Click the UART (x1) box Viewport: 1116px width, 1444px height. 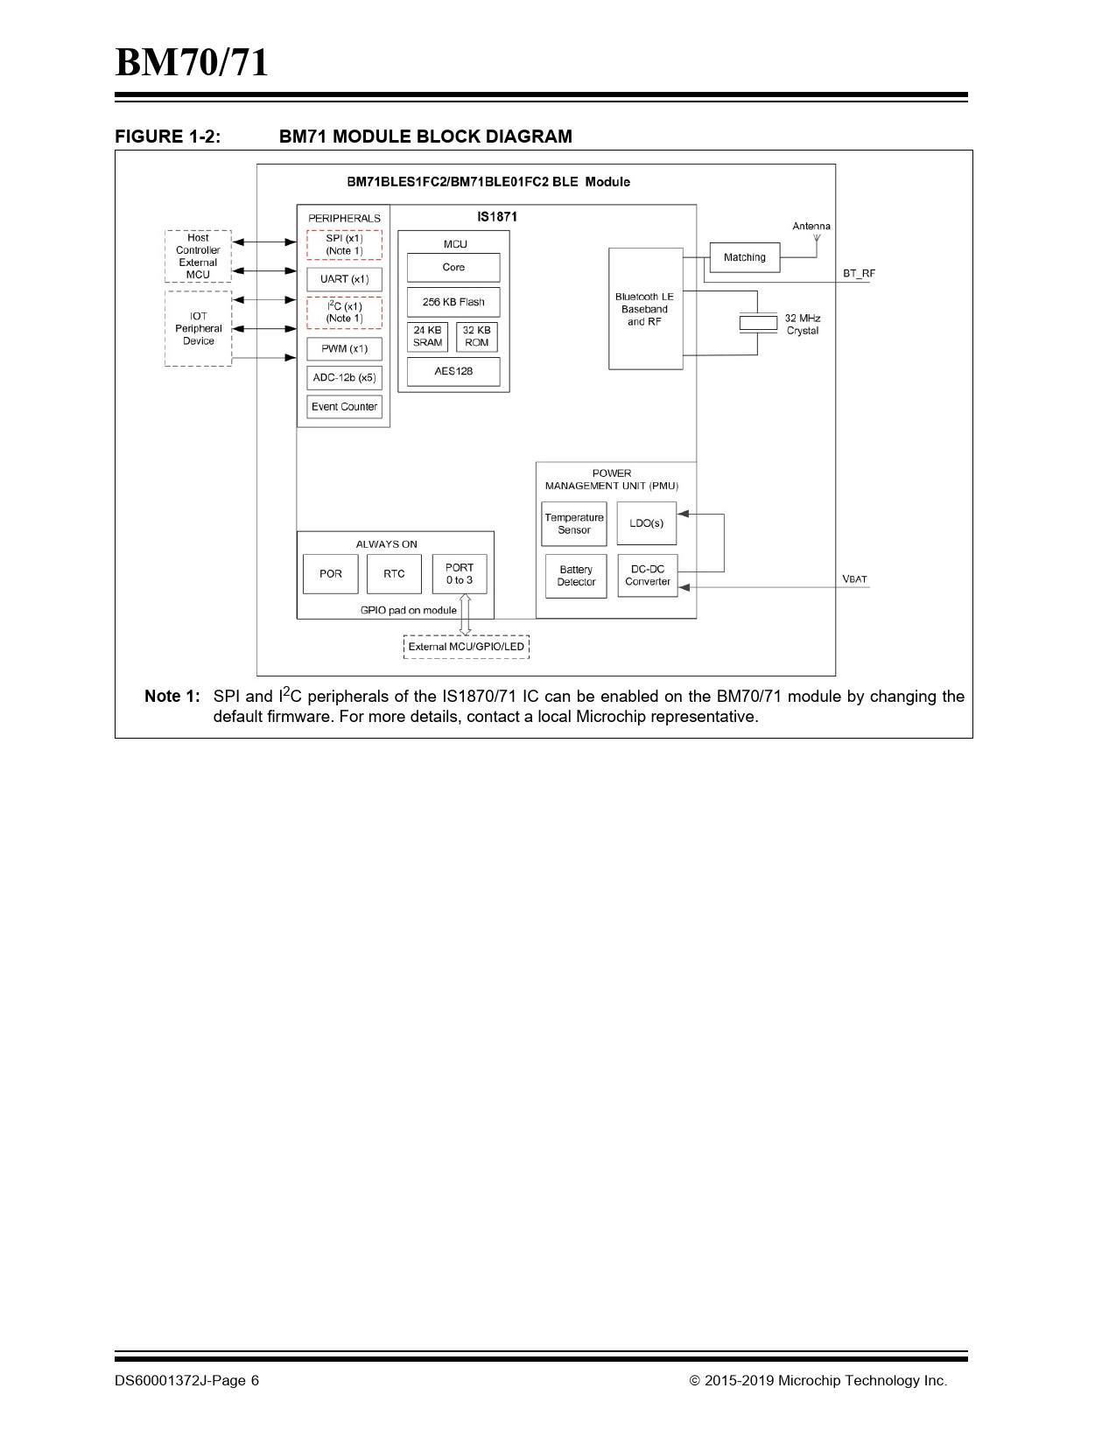(344, 279)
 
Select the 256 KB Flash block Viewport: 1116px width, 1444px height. (453, 302)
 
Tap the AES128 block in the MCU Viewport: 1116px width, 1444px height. (453, 371)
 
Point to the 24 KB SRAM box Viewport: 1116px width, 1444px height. (427, 337)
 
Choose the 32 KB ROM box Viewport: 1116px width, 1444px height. (477, 337)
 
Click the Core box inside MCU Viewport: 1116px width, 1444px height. (453, 268)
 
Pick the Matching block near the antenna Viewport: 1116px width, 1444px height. (745, 257)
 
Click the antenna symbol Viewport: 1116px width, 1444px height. (817, 238)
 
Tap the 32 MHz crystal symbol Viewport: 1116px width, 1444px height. (758, 323)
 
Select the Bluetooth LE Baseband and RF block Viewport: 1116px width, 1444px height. (645, 309)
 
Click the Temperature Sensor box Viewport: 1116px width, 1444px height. (574, 523)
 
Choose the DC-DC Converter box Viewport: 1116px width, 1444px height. (648, 575)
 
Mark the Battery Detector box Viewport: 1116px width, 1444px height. (576, 576)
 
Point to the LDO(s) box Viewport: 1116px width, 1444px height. (647, 523)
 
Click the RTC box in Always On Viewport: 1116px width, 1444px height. (394, 574)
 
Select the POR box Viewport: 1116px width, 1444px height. (331, 574)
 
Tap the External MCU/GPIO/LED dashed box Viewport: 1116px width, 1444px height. (467, 647)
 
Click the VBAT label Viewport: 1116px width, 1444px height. (854, 579)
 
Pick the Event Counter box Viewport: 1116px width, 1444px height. (344, 407)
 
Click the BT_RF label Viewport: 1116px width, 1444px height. (859, 274)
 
